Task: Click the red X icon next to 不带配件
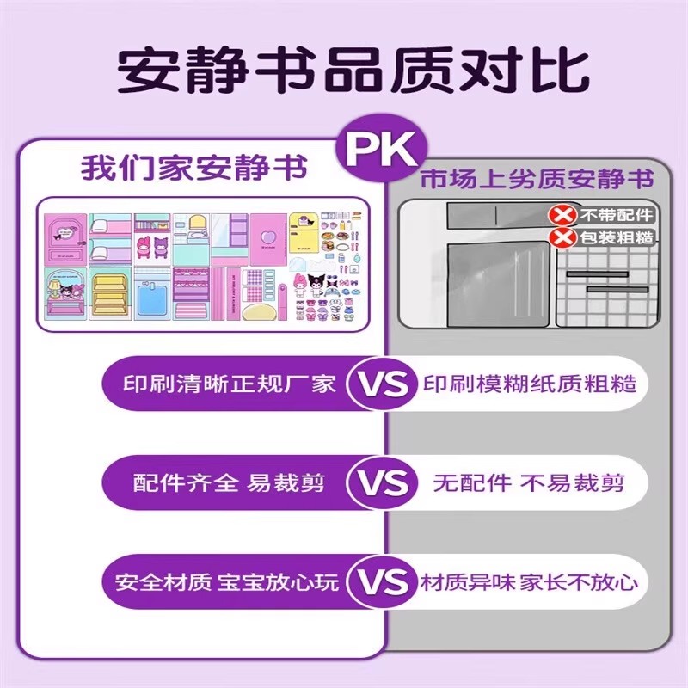pyautogui.click(x=563, y=215)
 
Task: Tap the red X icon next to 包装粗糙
pyautogui.click(x=563, y=237)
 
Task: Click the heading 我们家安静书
pyautogui.click(x=193, y=167)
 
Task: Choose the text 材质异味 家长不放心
pyautogui.click(x=530, y=582)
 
